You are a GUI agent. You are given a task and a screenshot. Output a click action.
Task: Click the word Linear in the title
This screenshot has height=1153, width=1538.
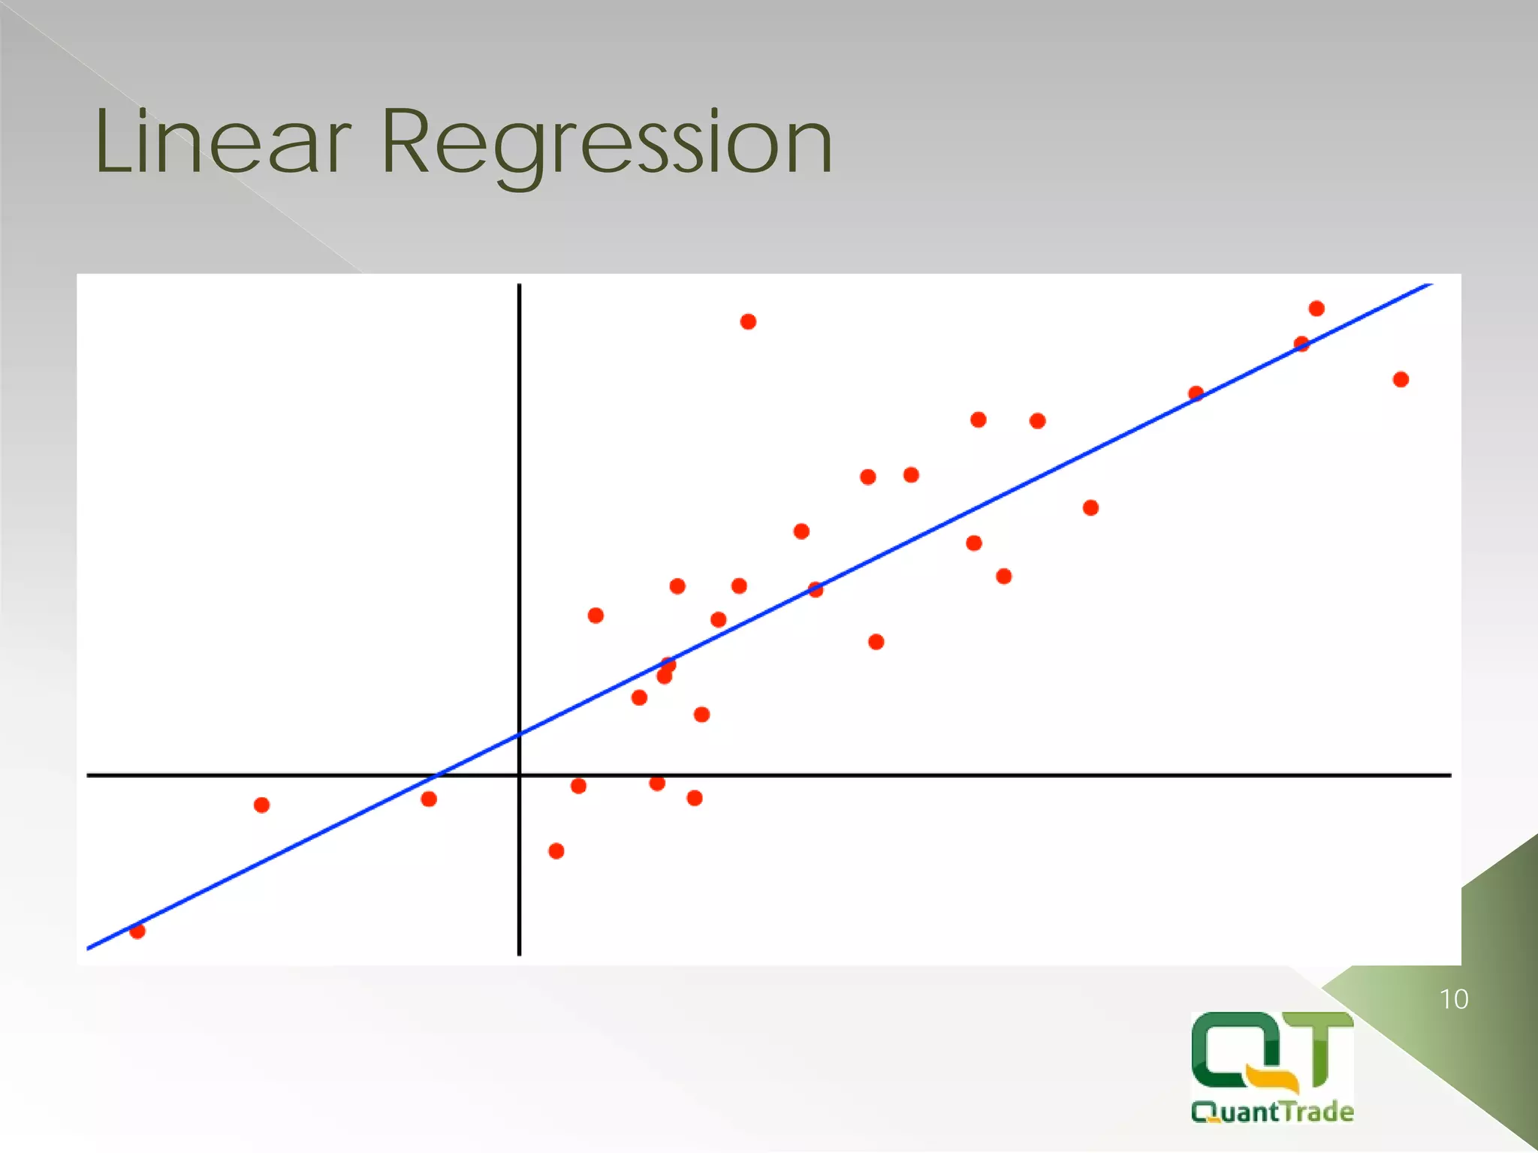[222, 143]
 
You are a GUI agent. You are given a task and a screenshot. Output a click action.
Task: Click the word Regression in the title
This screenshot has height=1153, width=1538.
[607, 143]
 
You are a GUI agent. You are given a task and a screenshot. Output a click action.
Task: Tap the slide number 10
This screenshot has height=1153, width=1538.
[1453, 999]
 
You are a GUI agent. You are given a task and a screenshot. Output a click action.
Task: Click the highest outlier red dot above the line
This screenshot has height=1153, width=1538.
[748, 322]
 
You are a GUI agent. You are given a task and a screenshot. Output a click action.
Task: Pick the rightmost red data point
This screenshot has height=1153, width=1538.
[1401, 380]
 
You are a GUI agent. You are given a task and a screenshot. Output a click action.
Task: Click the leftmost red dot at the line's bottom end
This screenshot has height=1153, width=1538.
[137, 931]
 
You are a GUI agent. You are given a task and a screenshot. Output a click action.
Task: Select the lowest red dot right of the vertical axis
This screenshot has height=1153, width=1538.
[556, 850]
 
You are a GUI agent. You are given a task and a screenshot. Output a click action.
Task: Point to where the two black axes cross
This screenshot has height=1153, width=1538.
[519, 774]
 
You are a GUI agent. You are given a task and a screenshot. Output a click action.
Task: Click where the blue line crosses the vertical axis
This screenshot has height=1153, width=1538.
[519, 734]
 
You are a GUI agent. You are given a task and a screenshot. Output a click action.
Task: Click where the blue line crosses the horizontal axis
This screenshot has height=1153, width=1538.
[437, 774]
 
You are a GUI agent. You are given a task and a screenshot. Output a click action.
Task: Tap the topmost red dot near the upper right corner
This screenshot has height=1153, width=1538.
[1316, 309]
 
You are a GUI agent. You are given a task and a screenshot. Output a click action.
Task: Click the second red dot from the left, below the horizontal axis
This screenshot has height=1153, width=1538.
[261, 805]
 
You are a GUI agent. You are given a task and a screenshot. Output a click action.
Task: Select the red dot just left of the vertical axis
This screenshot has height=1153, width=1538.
[429, 799]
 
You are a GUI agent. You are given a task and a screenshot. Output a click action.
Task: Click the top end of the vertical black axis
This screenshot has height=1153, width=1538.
[519, 286]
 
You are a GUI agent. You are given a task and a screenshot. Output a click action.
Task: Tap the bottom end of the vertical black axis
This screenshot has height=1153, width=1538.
[519, 953]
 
